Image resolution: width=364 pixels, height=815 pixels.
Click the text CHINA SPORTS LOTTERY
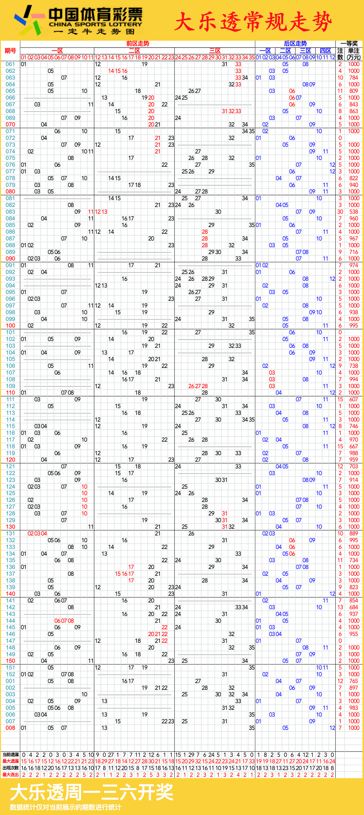pos(95,24)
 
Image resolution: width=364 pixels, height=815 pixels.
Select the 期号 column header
pos(10,51)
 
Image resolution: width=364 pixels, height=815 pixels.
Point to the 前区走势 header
pos(138,44)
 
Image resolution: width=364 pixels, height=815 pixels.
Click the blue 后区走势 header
pos(295,44)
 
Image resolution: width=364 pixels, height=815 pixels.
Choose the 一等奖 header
pos(349,44)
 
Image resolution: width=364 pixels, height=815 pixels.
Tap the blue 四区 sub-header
pos(325,51)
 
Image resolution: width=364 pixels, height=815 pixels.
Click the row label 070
pos(10,125)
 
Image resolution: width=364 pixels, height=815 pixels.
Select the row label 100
pos(10,326)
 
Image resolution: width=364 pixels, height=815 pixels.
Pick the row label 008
pos(10,728)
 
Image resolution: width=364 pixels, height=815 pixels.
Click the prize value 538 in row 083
pos(354,212)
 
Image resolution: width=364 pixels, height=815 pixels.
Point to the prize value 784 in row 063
pos(354,78)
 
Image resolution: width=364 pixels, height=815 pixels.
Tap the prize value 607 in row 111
pos(354,400)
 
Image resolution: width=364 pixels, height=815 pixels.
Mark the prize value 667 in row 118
pos(354,446)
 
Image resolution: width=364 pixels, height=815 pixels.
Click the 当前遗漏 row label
pos(10,755)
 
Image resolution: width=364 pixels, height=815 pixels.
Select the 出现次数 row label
pos(10,768)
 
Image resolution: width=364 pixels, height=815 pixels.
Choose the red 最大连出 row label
pos(10,775)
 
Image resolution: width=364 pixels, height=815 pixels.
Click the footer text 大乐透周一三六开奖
pos(92,792)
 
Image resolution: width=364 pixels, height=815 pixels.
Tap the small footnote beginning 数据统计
pos(65,807)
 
